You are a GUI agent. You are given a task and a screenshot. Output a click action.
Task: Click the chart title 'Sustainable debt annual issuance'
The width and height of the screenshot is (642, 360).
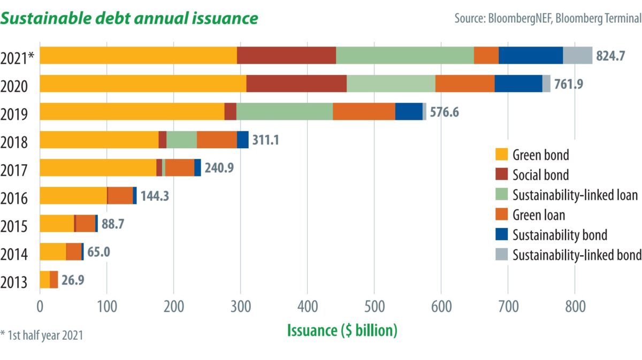tap(131, 18)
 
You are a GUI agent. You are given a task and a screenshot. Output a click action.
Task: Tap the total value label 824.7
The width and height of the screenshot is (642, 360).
tap(610, 56)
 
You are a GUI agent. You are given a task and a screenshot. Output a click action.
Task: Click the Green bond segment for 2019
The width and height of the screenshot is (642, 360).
tap(132, 112)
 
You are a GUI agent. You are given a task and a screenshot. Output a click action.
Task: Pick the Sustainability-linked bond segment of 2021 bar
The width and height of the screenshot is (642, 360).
tap(577, 55)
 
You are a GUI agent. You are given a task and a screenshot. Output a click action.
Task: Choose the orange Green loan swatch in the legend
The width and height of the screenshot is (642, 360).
tap(501, 215)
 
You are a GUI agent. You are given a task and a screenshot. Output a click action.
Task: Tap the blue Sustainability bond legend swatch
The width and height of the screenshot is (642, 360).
tap(501, 235)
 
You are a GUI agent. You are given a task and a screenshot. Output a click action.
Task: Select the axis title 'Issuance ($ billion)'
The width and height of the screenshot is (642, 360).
tap(342, 330)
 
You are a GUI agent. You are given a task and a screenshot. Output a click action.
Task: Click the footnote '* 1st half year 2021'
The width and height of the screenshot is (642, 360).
tap(42, 335)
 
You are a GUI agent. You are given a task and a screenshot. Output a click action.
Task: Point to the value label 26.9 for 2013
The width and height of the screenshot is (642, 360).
tap(73, 280)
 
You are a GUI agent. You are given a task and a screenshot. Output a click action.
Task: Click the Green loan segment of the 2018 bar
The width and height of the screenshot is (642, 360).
tap(217, 140)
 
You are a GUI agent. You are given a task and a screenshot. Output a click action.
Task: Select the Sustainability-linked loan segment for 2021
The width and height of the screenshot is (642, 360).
tap(405, 55)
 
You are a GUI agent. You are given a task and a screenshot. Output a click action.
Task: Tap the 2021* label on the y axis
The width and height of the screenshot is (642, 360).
tap(18, 58)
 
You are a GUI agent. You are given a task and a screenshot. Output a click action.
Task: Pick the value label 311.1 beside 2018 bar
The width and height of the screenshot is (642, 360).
tap(266, 140)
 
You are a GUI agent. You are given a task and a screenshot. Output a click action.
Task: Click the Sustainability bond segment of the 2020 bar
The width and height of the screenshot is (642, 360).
tap(518, 83)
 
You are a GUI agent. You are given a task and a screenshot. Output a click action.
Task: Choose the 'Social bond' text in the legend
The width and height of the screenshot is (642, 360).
tap(540, 175)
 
